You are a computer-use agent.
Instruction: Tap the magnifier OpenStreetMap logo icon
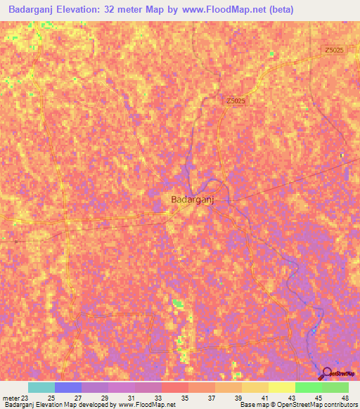pos(326,374)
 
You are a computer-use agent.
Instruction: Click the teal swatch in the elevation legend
pos(41,387)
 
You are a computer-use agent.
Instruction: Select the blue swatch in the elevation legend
pos(68,387)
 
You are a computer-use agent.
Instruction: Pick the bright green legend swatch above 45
pos(308,387)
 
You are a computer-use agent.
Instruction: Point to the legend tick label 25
pos(51,398)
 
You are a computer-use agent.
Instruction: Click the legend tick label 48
pos(345,398)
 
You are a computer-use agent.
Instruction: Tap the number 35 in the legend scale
pos(184,398)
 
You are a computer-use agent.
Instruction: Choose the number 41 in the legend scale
pos(264,398)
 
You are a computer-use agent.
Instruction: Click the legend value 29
pos(104,398)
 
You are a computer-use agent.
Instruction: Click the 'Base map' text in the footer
pos(253,405)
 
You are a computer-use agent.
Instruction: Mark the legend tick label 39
pos(238,398)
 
